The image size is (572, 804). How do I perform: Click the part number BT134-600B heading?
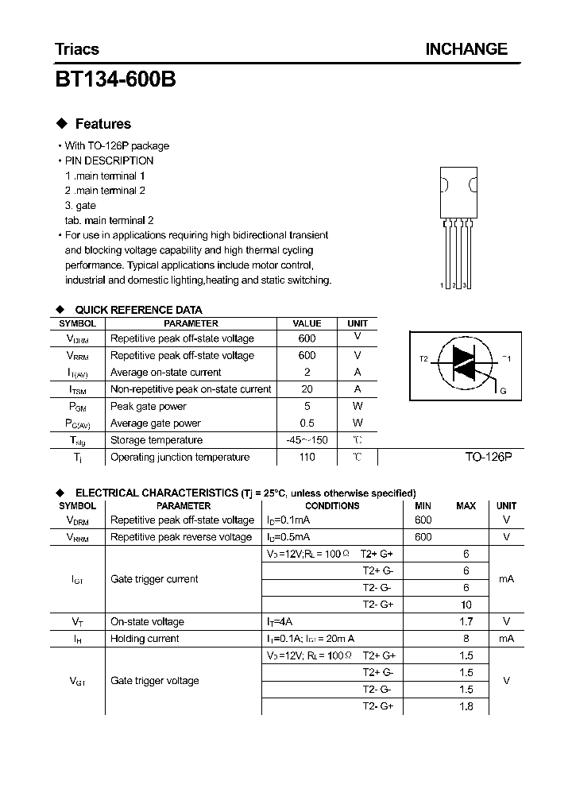tap(116, 79)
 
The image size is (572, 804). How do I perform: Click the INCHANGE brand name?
tap(466, 49)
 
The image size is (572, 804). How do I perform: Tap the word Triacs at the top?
tap(77, 49)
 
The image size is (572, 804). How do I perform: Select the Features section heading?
tap(102, 124)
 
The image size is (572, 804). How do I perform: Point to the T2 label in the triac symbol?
tap(423, 359)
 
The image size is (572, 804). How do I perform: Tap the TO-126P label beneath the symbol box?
tap(489, 458)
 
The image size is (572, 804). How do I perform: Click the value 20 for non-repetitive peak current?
tap(307, 389)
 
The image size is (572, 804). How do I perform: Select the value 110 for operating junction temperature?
tap(307, 457)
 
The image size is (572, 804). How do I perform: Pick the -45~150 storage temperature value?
tap(307, 440)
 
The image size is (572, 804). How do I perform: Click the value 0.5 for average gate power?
tap(307, 423)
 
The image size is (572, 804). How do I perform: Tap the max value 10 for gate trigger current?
tap(466, 605)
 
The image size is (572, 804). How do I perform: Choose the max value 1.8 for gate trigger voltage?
tap(466, 706)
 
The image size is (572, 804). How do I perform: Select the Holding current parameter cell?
tap(145, 639)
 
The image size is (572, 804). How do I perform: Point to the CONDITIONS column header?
tap(332, 506)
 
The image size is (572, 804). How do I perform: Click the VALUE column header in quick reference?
tap(307, 323)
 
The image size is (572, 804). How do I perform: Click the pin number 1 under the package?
tap(443, 285)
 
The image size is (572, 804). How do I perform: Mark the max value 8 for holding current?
tap(466, 639)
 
